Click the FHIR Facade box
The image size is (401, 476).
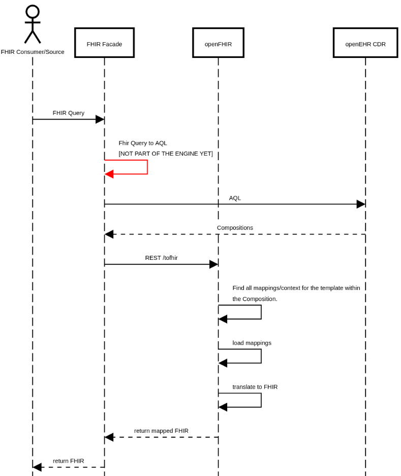tap(104, 43)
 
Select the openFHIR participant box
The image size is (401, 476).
tap(218, 43)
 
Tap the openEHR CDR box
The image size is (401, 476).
tap(365, 43)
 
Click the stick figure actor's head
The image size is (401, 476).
tap(33, 12)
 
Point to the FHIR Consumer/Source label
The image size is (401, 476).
tap(33, 52)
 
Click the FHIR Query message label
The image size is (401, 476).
tap(69, 113)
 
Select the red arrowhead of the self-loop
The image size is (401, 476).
tap(109, 174)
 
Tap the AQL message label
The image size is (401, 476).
tap(235, 198)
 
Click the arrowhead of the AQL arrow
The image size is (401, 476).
tap(360, 204)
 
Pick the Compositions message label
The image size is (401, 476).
tap(235, 228)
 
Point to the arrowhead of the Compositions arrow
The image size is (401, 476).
tap(109, 234)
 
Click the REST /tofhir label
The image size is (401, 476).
tap(161, 258)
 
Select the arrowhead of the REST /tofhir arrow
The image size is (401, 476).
tap(213, 264)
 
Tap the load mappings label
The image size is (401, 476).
tap(252, 343)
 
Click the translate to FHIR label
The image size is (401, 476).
tap(255, 387)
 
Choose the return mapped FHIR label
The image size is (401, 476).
tap(161, 431)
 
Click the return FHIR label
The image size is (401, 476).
tap(69, 461)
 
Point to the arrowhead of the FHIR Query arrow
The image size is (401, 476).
tap(100, 119)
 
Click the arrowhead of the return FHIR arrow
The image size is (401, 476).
tap(37, 467)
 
